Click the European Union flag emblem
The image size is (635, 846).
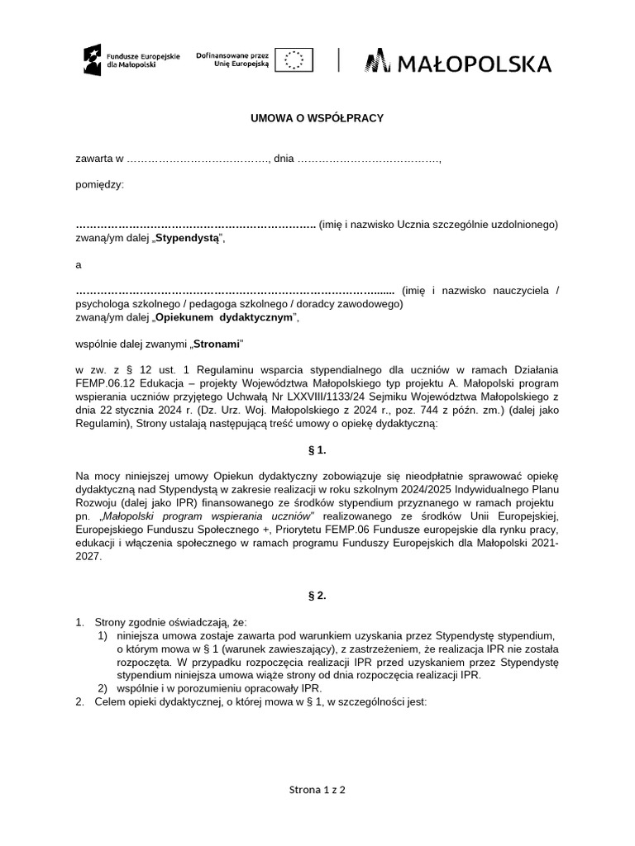(x=294, y=59)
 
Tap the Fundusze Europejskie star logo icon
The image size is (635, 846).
(x=91, y=59)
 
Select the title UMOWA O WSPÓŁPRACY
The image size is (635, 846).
(x=317, y=119)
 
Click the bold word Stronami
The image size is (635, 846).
(x=218, y=342)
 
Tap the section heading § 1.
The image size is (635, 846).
(x=317, y=449)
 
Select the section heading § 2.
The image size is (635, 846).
(x=317, y=596)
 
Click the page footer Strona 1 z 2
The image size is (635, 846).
(x=317, y=790)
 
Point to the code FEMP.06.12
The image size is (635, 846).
(x=104, y=383)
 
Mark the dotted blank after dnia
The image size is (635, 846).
(x=369, y=159)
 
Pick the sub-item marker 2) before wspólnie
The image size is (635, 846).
(x=103, y=687)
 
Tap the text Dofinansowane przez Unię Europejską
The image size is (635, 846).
(x=233, y=59)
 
